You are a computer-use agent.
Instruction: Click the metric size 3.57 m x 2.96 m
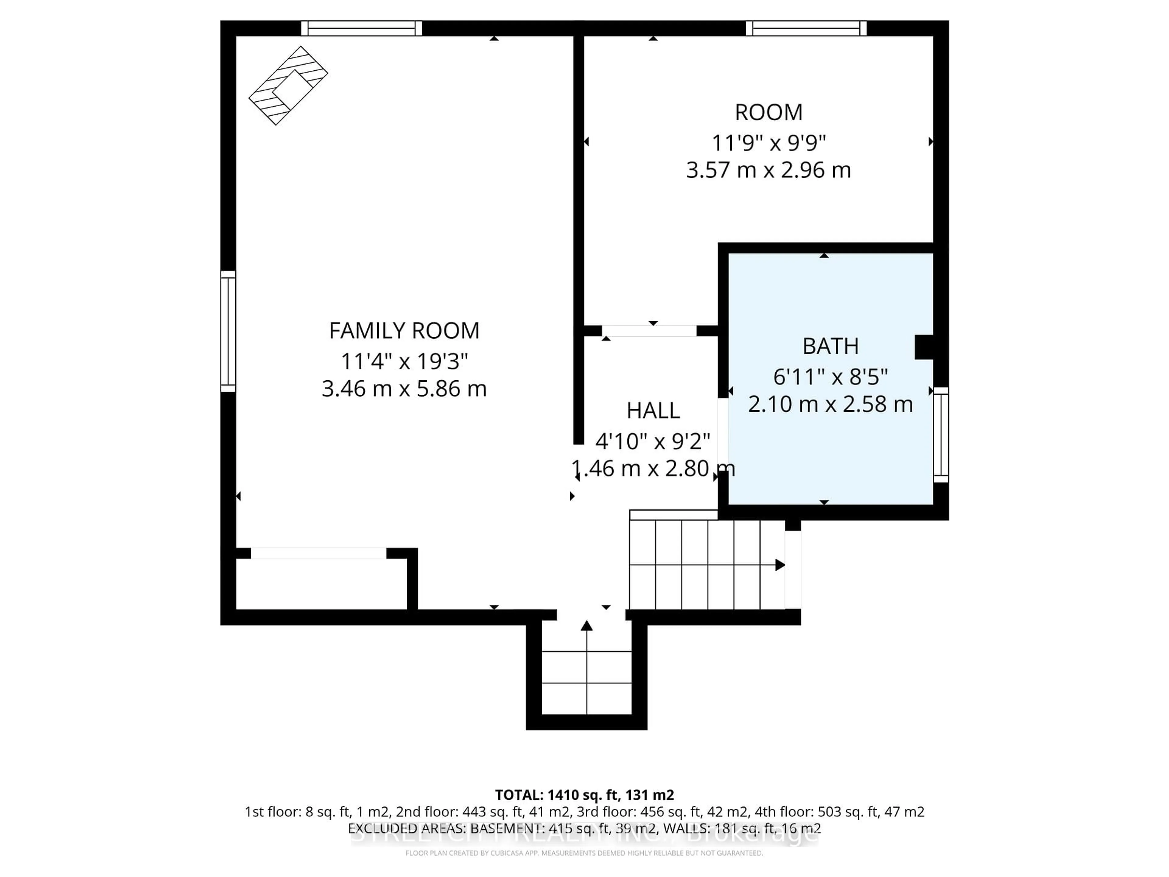[x=768, y=170]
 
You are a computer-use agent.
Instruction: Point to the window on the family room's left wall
[x=228, y=331]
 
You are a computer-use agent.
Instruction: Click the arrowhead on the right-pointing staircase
[x=780, y=565]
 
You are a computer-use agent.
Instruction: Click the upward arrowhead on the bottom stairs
[x=587, y=626]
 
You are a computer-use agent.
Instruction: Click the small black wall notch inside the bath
[x=924, y=347]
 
